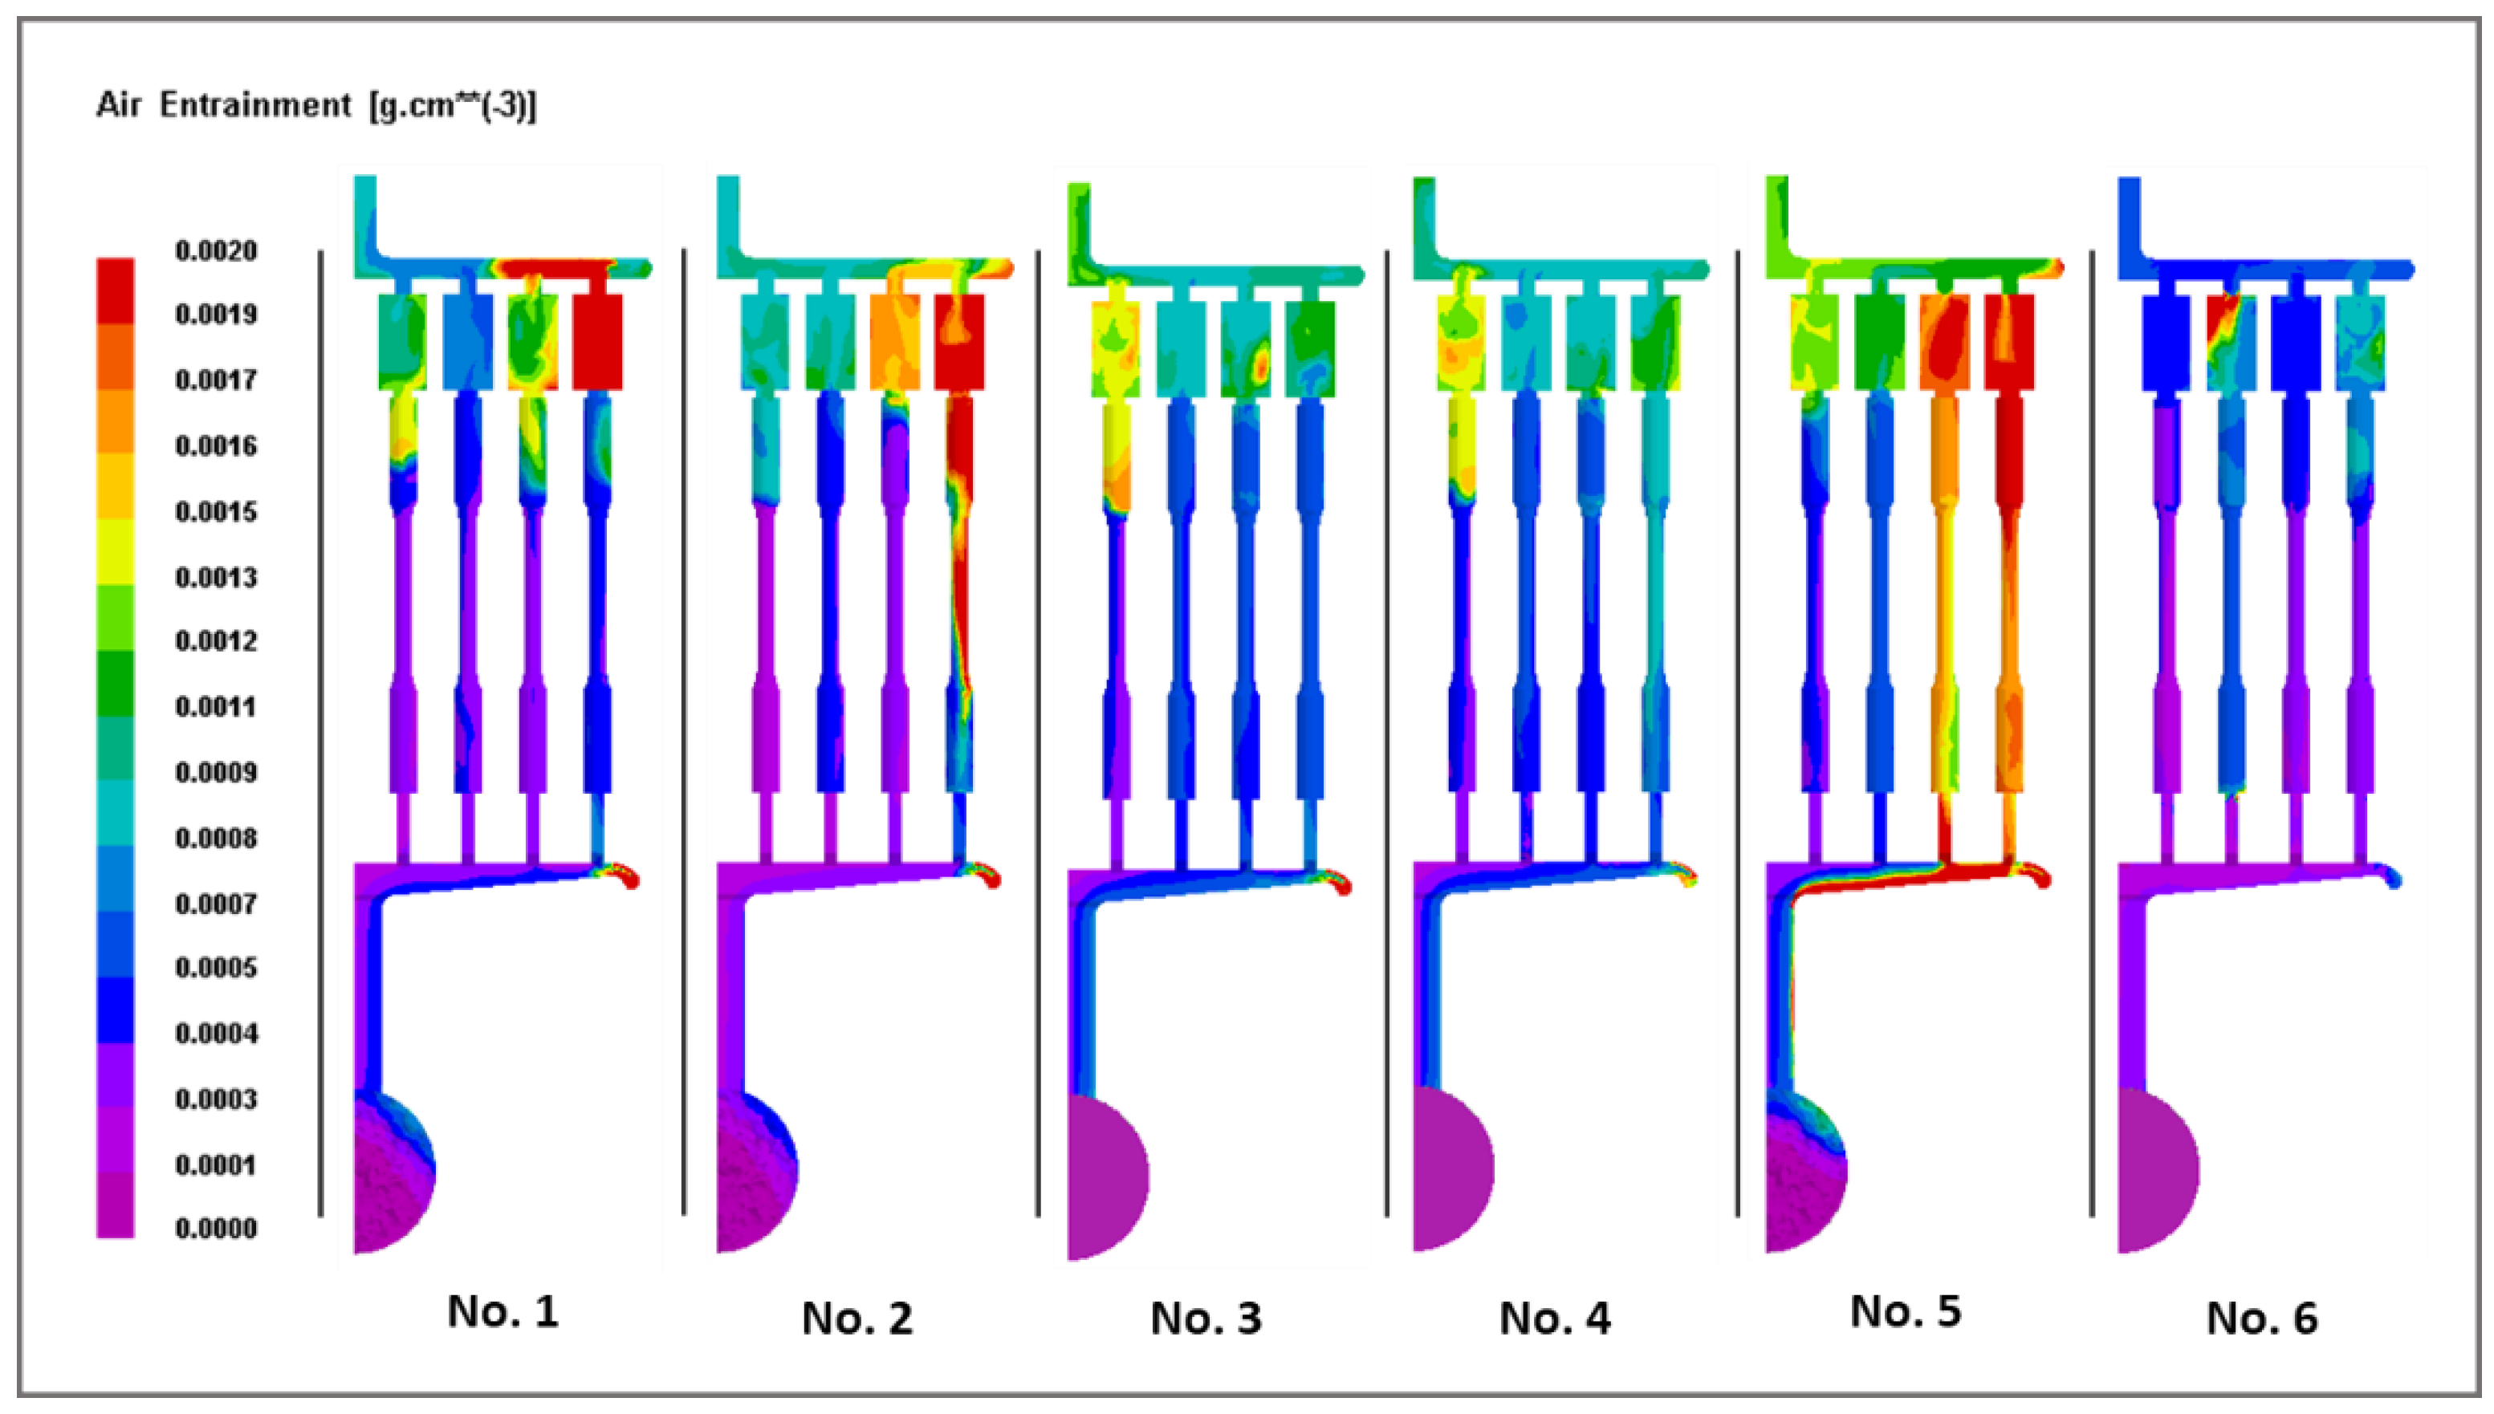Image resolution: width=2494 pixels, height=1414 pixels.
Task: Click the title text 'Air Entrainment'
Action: pyautogui.click(x=223, y=105)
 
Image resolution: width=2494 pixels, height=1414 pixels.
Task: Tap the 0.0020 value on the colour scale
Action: pyautogui.click(x=216, y=250)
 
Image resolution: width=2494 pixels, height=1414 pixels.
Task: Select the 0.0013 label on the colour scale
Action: pyautogui.click(x=216, y=577)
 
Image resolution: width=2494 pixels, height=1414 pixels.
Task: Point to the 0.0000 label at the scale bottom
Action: pyautogui.click(x=216, y=1229)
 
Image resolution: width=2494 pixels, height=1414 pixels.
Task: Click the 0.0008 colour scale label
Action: pyautogui.click(x=216, y=837)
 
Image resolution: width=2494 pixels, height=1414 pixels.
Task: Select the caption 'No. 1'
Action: pyautogui.click(x=503, y=1312)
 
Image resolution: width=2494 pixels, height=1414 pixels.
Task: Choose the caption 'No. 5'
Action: pyautogui.click(x=1906, y=1312)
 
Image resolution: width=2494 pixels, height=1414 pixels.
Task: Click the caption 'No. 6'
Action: pyautogui.click(x=2262, y=1319)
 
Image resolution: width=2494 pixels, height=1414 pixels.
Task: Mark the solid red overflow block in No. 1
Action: pyautogui.click(x=597, y=342)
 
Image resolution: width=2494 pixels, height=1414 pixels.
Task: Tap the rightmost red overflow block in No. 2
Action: pyautogui.click(x=959, y=342)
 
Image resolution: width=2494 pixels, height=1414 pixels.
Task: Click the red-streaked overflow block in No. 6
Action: pyautogui.click(x=2231, y=342)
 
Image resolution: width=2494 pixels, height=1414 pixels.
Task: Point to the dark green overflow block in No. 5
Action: pyautogui.click(x=1879, y=342)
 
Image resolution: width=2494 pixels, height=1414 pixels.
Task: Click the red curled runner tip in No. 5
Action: pyautogui.click(x=2037, y=876)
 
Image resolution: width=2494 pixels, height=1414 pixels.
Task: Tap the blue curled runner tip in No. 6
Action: pyautogui.click(x=2392, y=877)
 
